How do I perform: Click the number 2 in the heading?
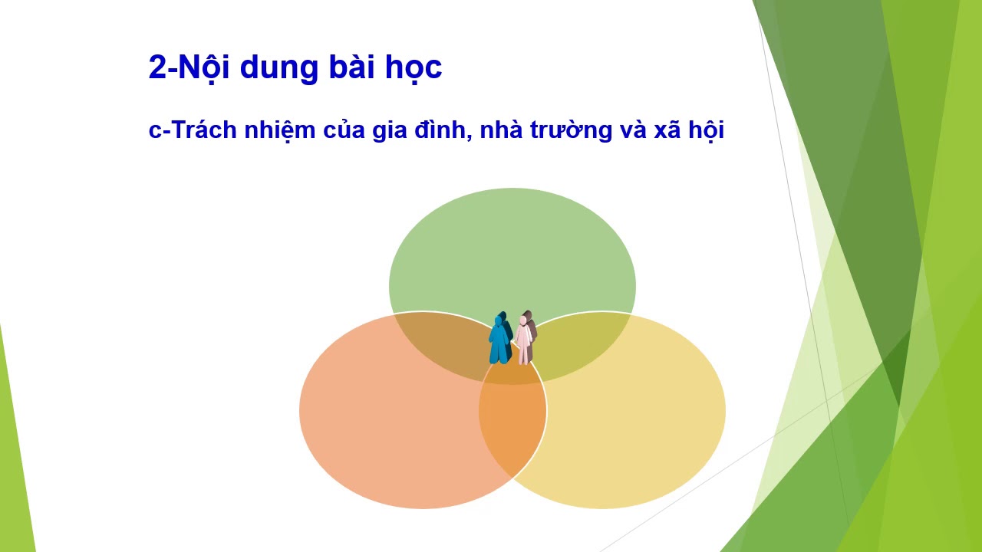(x=157, y=67)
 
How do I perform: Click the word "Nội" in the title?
(x=203, y=66)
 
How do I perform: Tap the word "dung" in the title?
(x=278, y=70)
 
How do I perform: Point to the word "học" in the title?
(x=414, y=69)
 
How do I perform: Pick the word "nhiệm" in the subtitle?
(x=280, y=130)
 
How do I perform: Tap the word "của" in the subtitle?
(x=344, y=130)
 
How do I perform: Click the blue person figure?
(x=500, y=338)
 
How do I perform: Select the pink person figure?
(x=526, y=338)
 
